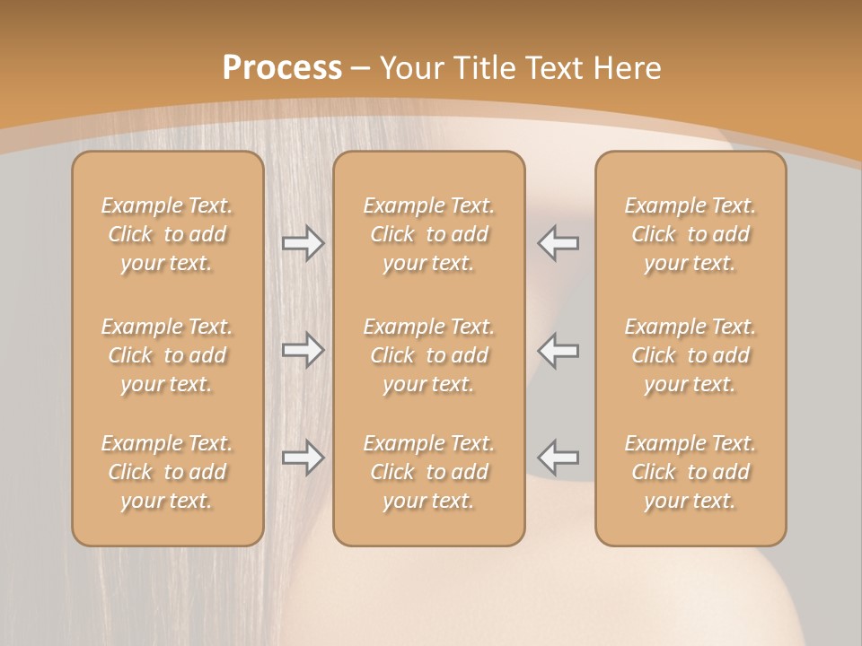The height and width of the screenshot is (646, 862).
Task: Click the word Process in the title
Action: (x=282, y=68)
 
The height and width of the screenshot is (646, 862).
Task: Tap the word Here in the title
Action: (x=630, y=68)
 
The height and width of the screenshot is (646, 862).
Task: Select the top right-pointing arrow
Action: (x=303, y=243)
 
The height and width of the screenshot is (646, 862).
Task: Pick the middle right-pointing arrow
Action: (x=303, y=350)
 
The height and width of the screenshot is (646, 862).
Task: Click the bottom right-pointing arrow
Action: (x=303, y=458)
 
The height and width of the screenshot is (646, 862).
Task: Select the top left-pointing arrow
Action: (x=559, y=243)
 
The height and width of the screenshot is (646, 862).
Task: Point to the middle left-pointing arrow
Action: (x=559, y=350)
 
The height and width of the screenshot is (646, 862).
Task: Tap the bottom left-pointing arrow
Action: (x=559, y=458)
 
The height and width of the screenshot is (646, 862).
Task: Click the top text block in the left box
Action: (x=167, y=234)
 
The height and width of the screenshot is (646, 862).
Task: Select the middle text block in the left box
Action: (x=167, y=355)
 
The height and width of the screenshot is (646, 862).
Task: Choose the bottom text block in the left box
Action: (x=167, y=472)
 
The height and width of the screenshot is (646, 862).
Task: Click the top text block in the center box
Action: (x=429, y=234)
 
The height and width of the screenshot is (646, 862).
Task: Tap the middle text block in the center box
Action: (x=429, y=355)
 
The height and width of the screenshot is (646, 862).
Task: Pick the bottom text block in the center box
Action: (x=429, y=472)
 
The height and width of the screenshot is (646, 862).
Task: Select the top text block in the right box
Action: (x=690, y=234)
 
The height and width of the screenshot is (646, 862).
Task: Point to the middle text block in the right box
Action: (x=690, y=355)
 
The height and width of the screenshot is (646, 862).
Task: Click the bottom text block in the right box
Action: (x=690, y=472)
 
